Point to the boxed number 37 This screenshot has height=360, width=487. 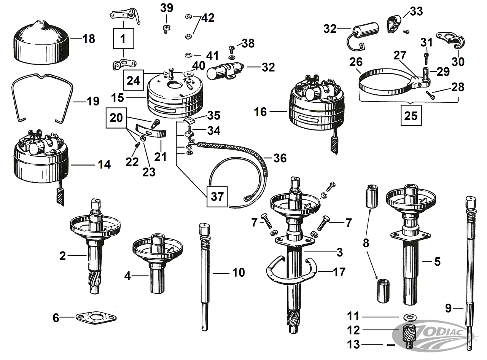[217, 196]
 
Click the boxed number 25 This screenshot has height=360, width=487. [411, 115]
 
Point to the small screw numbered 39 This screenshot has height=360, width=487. [166, 29]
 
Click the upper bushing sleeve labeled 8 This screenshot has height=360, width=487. [373, 196]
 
